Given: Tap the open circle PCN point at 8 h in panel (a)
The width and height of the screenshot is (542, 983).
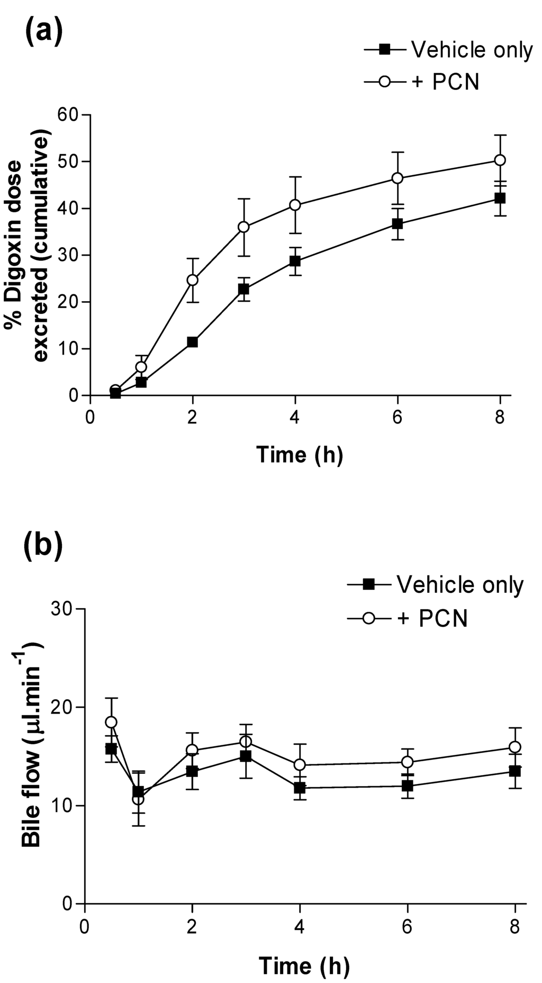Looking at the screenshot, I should [x=500, y=160].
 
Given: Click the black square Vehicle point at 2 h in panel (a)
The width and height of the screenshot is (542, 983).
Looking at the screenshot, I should [x=192, y=342].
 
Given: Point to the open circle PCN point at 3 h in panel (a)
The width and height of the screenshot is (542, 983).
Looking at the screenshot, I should [x=243, y=227].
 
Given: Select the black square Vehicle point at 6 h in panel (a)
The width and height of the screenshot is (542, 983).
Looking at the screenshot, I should [x=398, y=223].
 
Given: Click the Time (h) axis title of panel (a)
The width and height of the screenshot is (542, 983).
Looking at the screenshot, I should [x=300, y=454].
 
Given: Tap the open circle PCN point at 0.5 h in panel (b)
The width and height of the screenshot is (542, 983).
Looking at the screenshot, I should [x=111, y=722].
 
